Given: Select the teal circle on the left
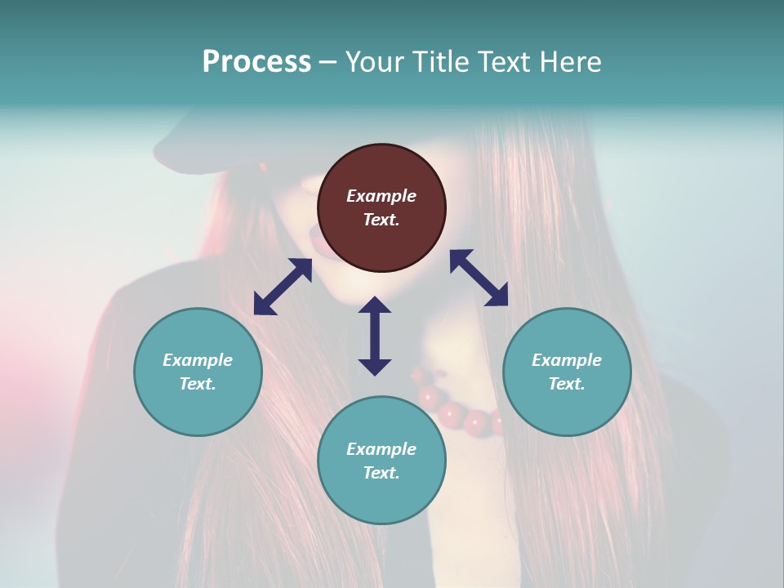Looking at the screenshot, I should tap(198, 372).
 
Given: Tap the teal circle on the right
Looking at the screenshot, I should tap(567, 372).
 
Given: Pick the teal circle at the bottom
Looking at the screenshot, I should tap(381, 461).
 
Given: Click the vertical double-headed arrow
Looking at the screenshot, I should tap(375, 336).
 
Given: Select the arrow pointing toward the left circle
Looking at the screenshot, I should tap(283, 287).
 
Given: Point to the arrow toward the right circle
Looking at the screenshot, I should tap(479, 278).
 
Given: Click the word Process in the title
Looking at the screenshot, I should tap(256, 62).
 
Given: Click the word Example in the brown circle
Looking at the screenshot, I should tap(381, 196).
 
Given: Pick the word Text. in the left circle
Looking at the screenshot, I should tap(198, 384).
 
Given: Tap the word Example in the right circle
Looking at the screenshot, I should tap(567, 360).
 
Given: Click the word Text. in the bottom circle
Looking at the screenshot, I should tap(381, 473).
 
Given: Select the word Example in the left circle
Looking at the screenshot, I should tap(198, 360).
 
